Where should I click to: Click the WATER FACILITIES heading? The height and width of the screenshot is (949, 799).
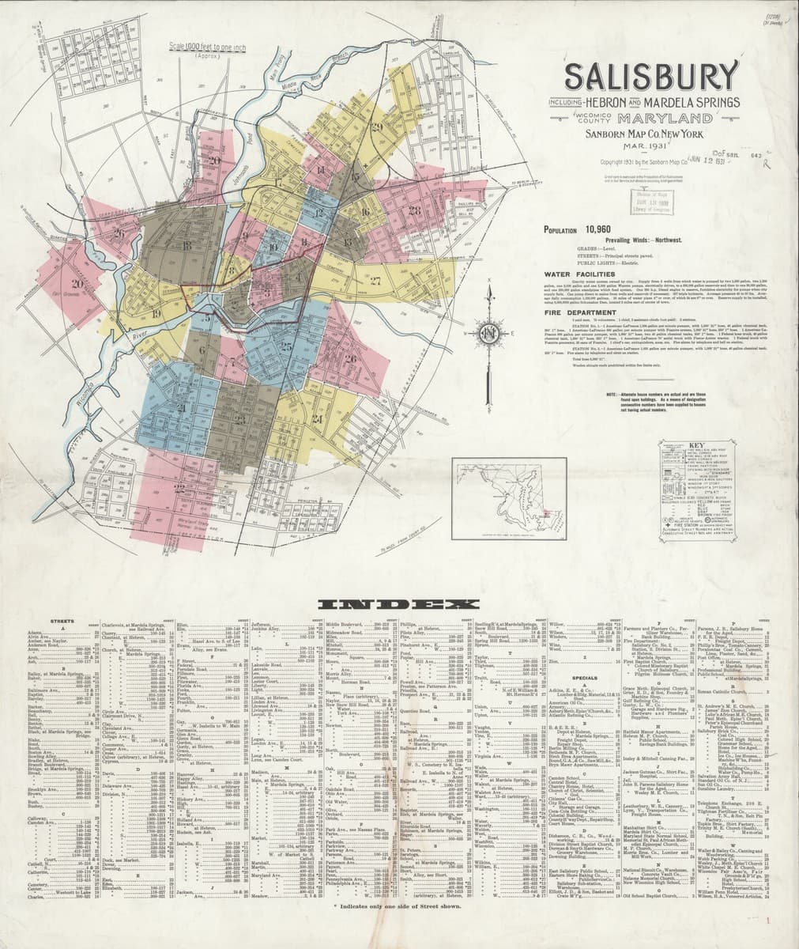(579, 273)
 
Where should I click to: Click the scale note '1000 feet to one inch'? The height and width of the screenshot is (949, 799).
(208, 48)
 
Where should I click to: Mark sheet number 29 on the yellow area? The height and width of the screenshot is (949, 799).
(377, 127)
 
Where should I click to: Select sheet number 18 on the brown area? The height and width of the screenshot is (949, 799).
(187, 246)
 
